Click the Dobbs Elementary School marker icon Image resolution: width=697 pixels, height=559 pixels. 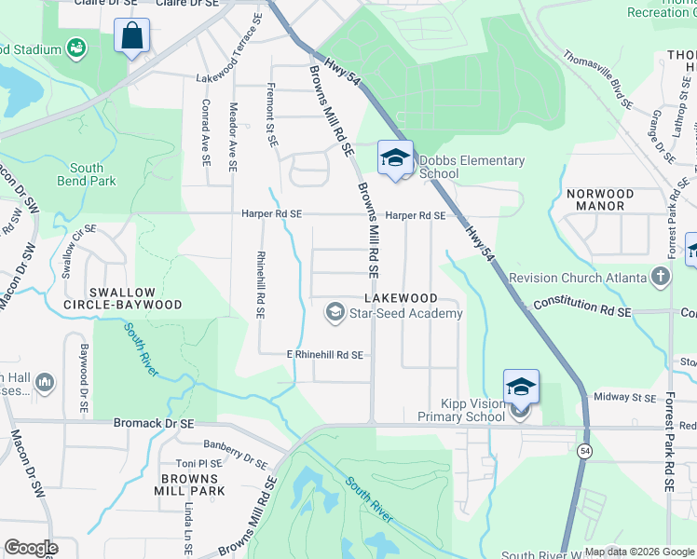(x=395, y=157)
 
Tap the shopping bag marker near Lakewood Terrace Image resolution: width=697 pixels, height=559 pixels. (x=131, y=37)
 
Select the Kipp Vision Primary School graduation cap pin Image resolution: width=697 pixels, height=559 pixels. (x=521, y=387)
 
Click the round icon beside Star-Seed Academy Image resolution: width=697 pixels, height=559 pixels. (x=334, y=313)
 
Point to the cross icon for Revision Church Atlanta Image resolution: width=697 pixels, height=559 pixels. (x=660, y=277)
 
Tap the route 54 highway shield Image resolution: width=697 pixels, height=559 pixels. (x=585, y=451)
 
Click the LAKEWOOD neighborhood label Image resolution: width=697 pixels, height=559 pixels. (x=401, y=297)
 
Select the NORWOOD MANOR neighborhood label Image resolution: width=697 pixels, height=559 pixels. (x=601, y=200)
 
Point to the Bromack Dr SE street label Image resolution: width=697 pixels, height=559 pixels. (x=154, y=423)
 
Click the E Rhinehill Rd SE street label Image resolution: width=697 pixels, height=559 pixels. (x=324, y=355)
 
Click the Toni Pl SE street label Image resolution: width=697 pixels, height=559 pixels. (x=198, y=463)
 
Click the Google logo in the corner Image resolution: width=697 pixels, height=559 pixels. (x=30, y=548)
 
